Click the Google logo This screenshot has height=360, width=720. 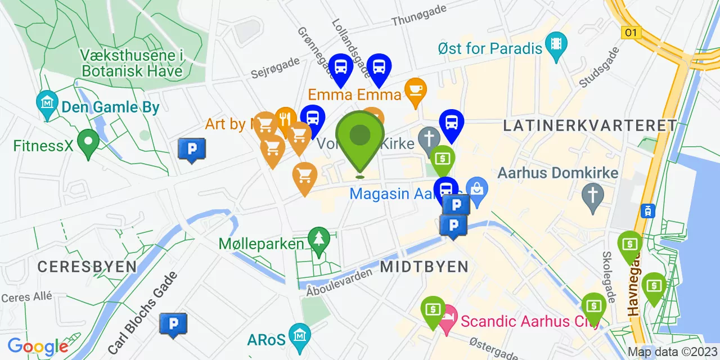38,346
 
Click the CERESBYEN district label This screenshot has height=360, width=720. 87,267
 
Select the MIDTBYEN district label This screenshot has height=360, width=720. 424,267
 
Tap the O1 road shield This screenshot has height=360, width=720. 632,33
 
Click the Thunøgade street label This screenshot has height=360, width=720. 419,15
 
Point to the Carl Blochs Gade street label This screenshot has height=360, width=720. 143,313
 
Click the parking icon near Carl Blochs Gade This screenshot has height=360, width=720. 173,323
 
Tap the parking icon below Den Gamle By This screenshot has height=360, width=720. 191,148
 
